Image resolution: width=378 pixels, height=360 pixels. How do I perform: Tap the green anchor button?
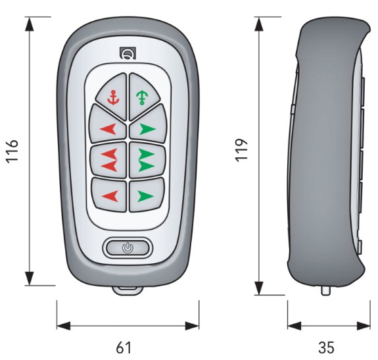coord(143,97)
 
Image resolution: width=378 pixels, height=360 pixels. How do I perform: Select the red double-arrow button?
coord(109,159)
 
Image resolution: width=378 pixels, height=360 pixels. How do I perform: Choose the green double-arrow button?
coord(147,159)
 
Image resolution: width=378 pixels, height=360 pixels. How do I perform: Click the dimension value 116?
coord(12,151)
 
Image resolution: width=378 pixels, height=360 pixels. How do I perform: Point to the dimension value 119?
coord(241,150)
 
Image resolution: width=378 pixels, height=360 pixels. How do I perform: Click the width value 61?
coord(124,347)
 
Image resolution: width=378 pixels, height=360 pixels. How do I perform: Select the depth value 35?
coord(327,347)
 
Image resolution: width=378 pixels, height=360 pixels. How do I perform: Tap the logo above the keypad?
coord(128,53)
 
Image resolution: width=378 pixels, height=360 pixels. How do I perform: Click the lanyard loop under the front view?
coord(128,289)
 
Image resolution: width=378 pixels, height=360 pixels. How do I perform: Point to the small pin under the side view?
coord(325,290)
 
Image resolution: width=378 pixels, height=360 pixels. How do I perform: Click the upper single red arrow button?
coord(108,126)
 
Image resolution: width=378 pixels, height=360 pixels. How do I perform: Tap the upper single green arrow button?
coord(148,126)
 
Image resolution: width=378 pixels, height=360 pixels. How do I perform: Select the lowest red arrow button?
coord(110,195)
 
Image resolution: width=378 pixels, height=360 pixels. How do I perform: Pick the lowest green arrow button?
coord(146,195)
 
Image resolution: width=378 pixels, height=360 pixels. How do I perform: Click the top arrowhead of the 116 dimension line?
coord(29,24)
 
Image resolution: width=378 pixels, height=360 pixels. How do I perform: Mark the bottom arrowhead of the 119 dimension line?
coord(259,288)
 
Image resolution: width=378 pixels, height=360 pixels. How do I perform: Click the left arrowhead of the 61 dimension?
coord(64,326)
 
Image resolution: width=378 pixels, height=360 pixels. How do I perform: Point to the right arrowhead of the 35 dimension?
coord(364,326)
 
